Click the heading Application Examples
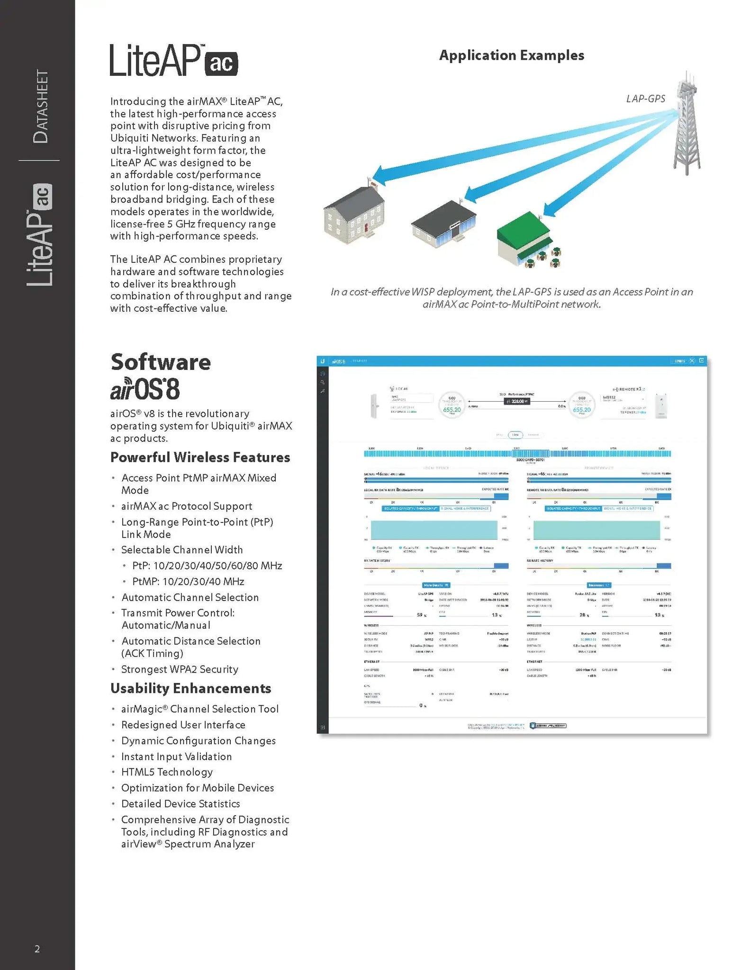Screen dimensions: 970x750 pyautogui.click(x=511, y=55)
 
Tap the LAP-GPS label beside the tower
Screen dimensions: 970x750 pyautogui.click(x=645, y=99)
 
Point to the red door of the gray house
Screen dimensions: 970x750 pyautogui.click(x=366, y=228)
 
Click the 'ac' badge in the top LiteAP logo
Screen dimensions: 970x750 pyautogui.click(x=221, y=63)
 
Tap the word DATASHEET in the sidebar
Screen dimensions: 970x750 pyautogui.click(x=41, y=106)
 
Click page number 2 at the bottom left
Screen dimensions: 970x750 pyautogui.click(x=37, y=949)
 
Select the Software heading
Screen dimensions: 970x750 pyautogui.click(x=161, y=362)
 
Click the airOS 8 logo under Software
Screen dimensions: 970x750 pyautogui.click(x=145, y=389)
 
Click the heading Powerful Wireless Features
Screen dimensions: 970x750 pyautogui.click(x=200, y=457)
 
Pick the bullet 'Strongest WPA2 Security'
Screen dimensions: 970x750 pyautogui.click(x=180, y=669)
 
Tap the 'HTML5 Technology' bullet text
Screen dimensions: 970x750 pyautogui.click(x=167, y=772)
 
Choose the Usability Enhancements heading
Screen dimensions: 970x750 pyautogui.click(x=190, y=688)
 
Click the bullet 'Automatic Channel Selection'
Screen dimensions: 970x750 pyautogui.click(x=190, y=597)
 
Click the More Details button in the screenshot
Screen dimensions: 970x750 pyautogui.click(x=436, y=585)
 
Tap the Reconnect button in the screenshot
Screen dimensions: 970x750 pyautogui.click(x=599, y=585)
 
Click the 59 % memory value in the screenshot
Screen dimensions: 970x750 pyautogui.click(x=421, y=615)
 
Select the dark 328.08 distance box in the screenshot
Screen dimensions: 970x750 pyautogui.click(x=516, y=401)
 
